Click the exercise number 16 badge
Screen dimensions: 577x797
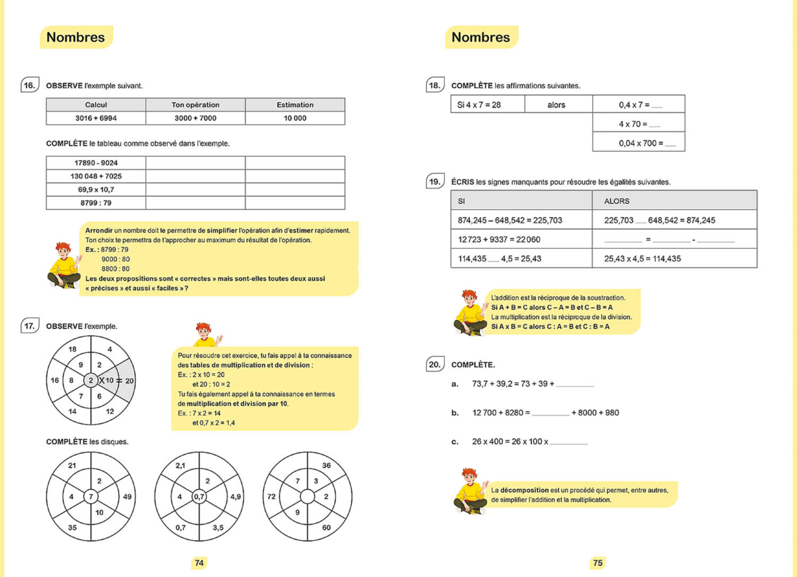[x=30, y=85]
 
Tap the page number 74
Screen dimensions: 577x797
[x=199, y=563]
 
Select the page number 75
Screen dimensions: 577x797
[x=598, y=563]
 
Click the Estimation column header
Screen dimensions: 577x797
[x=295, y=105]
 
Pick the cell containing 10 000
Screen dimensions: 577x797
[x=295, y=118]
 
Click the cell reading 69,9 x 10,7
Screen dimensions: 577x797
[x=96, y=190]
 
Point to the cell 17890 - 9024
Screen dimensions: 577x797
[x=96, y=163]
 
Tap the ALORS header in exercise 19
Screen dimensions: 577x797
[x=617, y=201]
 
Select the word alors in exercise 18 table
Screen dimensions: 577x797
[x=556, y=105]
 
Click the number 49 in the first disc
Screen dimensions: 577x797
[x=127, y=497]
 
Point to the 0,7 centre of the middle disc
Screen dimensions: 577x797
[x=199, y=497]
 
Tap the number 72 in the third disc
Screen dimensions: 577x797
[x=271, y=497]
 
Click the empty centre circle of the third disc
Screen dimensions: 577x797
[x=307, y=497]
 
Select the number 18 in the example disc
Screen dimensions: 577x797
[x=73, y=349]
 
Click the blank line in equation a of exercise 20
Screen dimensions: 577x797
[x=575, y=384]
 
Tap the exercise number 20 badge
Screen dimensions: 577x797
[x=435, y=364]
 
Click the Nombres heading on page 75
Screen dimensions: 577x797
[x=481, y=37]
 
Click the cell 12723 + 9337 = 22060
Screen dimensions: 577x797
[x=499, y=239]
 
